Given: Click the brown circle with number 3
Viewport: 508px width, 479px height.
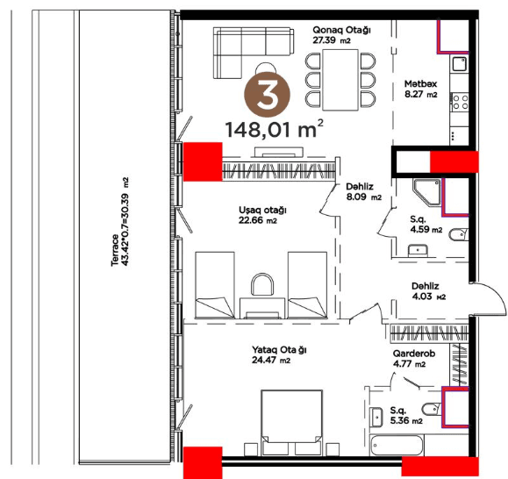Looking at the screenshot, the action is tap(267, 94).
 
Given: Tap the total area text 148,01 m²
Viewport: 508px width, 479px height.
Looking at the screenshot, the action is tap(274, 129).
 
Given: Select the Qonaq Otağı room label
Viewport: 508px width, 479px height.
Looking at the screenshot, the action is tap(341, 35).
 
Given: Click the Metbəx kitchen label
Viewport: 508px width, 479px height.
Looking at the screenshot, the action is tap(420, 89).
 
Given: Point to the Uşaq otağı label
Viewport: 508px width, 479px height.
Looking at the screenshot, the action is tap(262, 215).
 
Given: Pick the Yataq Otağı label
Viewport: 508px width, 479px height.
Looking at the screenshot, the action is tap(279, 355).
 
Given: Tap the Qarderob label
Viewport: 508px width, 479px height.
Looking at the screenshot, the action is tap(414, 359).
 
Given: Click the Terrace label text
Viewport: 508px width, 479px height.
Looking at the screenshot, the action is tap(119, 222).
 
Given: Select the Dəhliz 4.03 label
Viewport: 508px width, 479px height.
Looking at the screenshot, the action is tap(428, 291).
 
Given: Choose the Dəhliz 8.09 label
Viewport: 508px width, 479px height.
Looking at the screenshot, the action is tap(363, 191).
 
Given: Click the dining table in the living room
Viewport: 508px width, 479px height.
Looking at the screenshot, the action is tap(340, 80).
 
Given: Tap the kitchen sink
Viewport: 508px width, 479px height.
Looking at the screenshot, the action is tap(459, 64).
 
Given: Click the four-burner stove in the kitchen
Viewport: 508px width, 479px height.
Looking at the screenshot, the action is tap(460, 102).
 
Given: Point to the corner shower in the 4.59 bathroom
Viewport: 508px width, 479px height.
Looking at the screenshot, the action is tap(426, 192).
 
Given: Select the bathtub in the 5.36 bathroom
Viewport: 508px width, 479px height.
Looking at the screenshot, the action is tap(397, 445).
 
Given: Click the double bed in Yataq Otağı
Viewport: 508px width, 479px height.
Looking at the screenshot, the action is tap(291, 422).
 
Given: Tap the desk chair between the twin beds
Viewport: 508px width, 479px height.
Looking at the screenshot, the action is tap(262, 284).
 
